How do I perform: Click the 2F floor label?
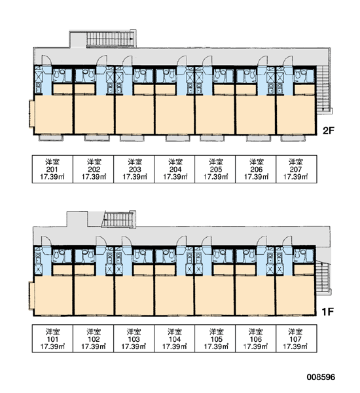tap(329, 130)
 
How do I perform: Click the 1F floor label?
tap(328, 312)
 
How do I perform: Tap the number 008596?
tap(321, 377)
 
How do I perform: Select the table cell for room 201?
tap(52, 169)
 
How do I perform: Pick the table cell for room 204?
tap(175, 169)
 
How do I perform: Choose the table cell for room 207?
tap(297, 169)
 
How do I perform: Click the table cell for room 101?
tap(52, 339)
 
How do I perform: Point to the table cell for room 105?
tap(215, 339)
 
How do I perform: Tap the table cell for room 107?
tap(297, 339)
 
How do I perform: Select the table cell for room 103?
tap(134, 339)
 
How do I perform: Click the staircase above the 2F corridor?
tap(110, 39)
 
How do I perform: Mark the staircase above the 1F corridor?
tap(118, 219)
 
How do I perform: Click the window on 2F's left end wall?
tap(31, 113)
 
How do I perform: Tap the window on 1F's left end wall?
tap(31, 295)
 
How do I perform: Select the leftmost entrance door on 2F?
tap(46, 60)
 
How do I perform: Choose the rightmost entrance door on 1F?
tap(287, 241)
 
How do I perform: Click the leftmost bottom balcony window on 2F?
tap(49, 138)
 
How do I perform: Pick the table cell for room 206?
tap(256, 169)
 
